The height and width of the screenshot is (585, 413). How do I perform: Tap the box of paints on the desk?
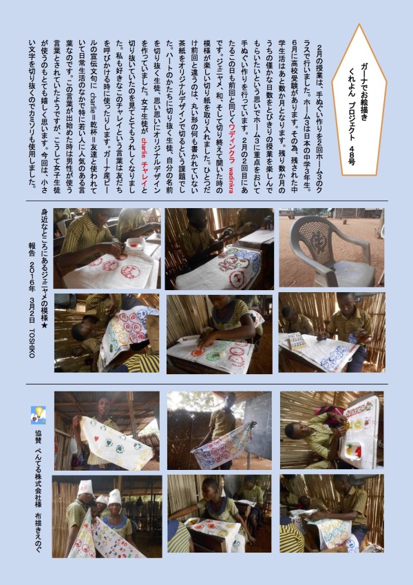(295, 340)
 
